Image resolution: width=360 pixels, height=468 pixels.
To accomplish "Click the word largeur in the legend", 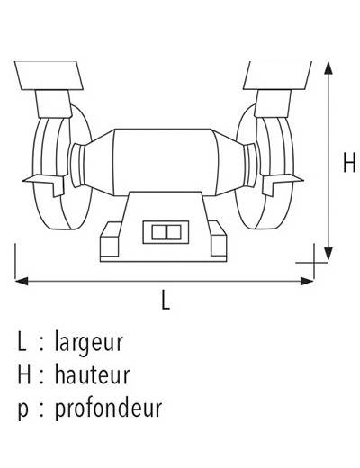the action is point(89,343).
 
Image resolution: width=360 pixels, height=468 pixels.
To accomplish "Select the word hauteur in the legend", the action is point(92,374).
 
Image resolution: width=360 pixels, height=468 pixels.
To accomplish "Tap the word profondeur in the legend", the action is point(108,408).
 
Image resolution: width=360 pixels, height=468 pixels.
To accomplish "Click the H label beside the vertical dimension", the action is point(349,162).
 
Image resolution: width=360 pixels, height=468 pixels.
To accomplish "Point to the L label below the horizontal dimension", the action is point(166,300).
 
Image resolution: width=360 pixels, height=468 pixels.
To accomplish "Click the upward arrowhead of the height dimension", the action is point(328,67).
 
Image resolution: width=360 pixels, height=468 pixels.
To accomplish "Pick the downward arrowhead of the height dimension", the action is point(328,254).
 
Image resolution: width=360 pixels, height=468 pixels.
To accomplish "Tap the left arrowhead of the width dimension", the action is point(22,282).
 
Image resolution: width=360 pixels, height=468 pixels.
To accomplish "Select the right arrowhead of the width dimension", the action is point(307,282).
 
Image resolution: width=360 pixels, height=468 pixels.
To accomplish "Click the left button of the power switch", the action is point(159,232).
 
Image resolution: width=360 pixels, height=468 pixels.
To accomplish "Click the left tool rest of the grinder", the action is point(45,184).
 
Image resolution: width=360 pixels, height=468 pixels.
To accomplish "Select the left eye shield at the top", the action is point(49,76).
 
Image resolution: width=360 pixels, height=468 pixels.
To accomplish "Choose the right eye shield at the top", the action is point(278,76).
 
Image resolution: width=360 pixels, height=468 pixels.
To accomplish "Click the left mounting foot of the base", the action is point(111,239).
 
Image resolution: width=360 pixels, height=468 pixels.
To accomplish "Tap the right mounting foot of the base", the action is point(218,238).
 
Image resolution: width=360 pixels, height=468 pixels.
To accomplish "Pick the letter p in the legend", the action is point(23,410).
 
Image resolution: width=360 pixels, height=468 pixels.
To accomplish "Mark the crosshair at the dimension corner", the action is point(314,263).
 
